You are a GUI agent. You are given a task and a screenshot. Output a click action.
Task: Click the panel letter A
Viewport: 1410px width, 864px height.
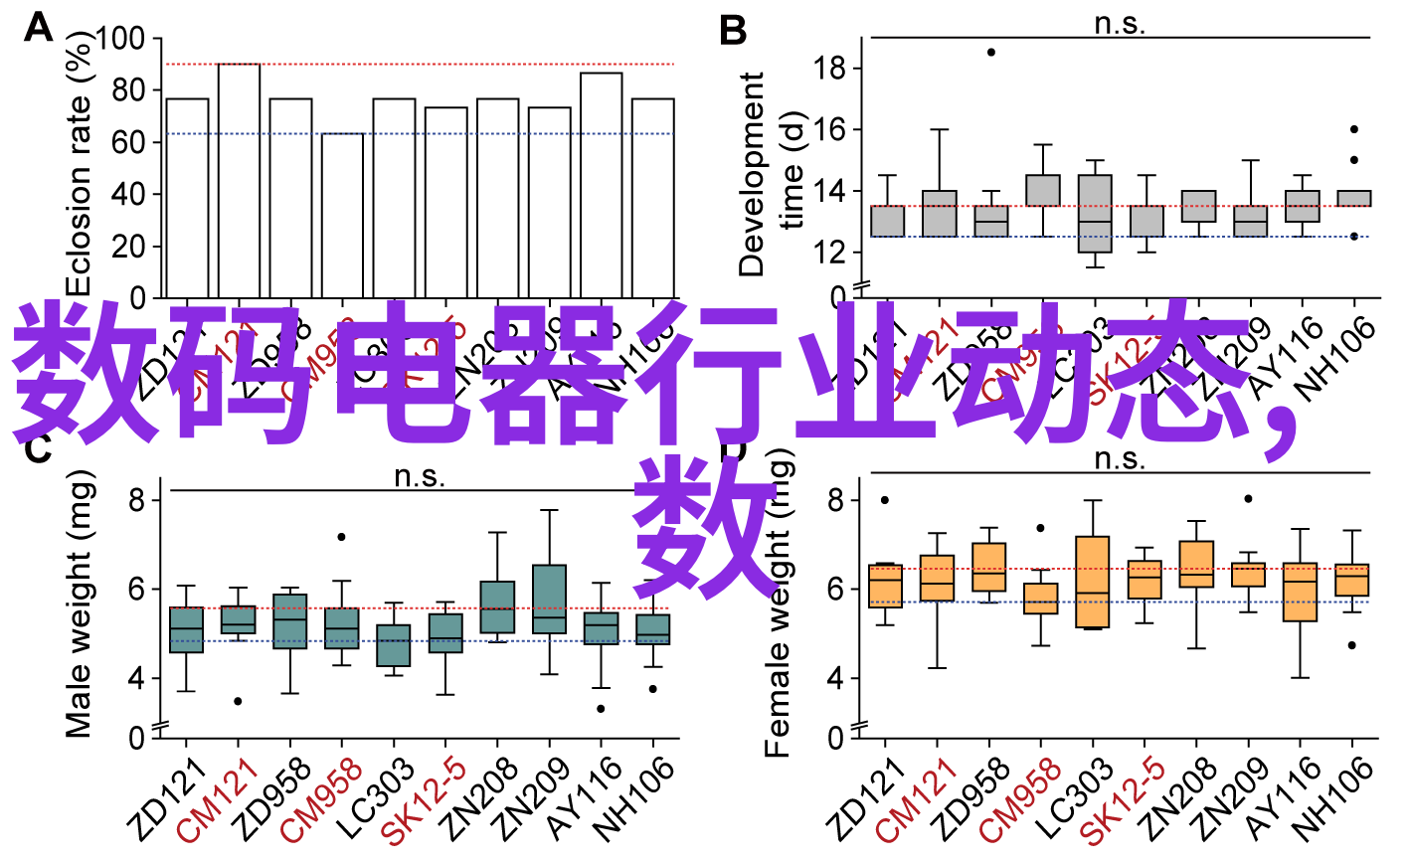pyautogui.click(x=38, y=28)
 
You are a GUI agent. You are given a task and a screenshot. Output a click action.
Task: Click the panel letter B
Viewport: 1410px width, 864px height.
pyautogui.click(x=732, y=31)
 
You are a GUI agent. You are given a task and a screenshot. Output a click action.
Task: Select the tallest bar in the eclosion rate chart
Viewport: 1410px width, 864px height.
pyautogui.click(x=239, y=180)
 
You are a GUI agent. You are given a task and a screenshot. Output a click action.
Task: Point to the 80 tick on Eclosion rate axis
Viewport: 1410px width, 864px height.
pyautogui.click(x=128, y=90)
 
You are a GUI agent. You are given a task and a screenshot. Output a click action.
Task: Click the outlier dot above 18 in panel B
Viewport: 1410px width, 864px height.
pyautogui.click(x=990, y=52)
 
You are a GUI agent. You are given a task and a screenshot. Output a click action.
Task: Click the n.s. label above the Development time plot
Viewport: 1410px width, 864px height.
pyautogui.click(x=1120, y=24)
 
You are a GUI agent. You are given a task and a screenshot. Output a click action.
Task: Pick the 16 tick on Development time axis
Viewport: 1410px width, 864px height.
pyautogui.click(x=829, y=129)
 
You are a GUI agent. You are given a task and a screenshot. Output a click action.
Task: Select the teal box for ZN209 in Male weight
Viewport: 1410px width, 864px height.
pyautogui.click(x=549, y=599)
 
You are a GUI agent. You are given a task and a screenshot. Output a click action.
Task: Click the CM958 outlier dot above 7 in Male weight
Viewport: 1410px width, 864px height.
pyautogui.click(x=341, y=537)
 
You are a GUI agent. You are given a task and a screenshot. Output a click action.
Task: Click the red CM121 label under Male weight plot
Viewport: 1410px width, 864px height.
pyautogui.click(x=218, y=800)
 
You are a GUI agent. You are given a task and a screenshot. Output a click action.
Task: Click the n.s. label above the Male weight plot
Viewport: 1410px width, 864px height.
pyautogui.click(x=419, y=476)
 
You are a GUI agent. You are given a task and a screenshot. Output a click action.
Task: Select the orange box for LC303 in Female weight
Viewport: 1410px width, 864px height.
pyautogui.click(x=1093, y=582)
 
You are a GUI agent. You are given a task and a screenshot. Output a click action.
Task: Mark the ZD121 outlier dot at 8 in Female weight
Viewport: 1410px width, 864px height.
pyautogui.click(x=885, y=500)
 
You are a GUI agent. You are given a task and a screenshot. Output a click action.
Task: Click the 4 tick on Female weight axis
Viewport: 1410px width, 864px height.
pyautogui.click(x=836, y=679)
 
